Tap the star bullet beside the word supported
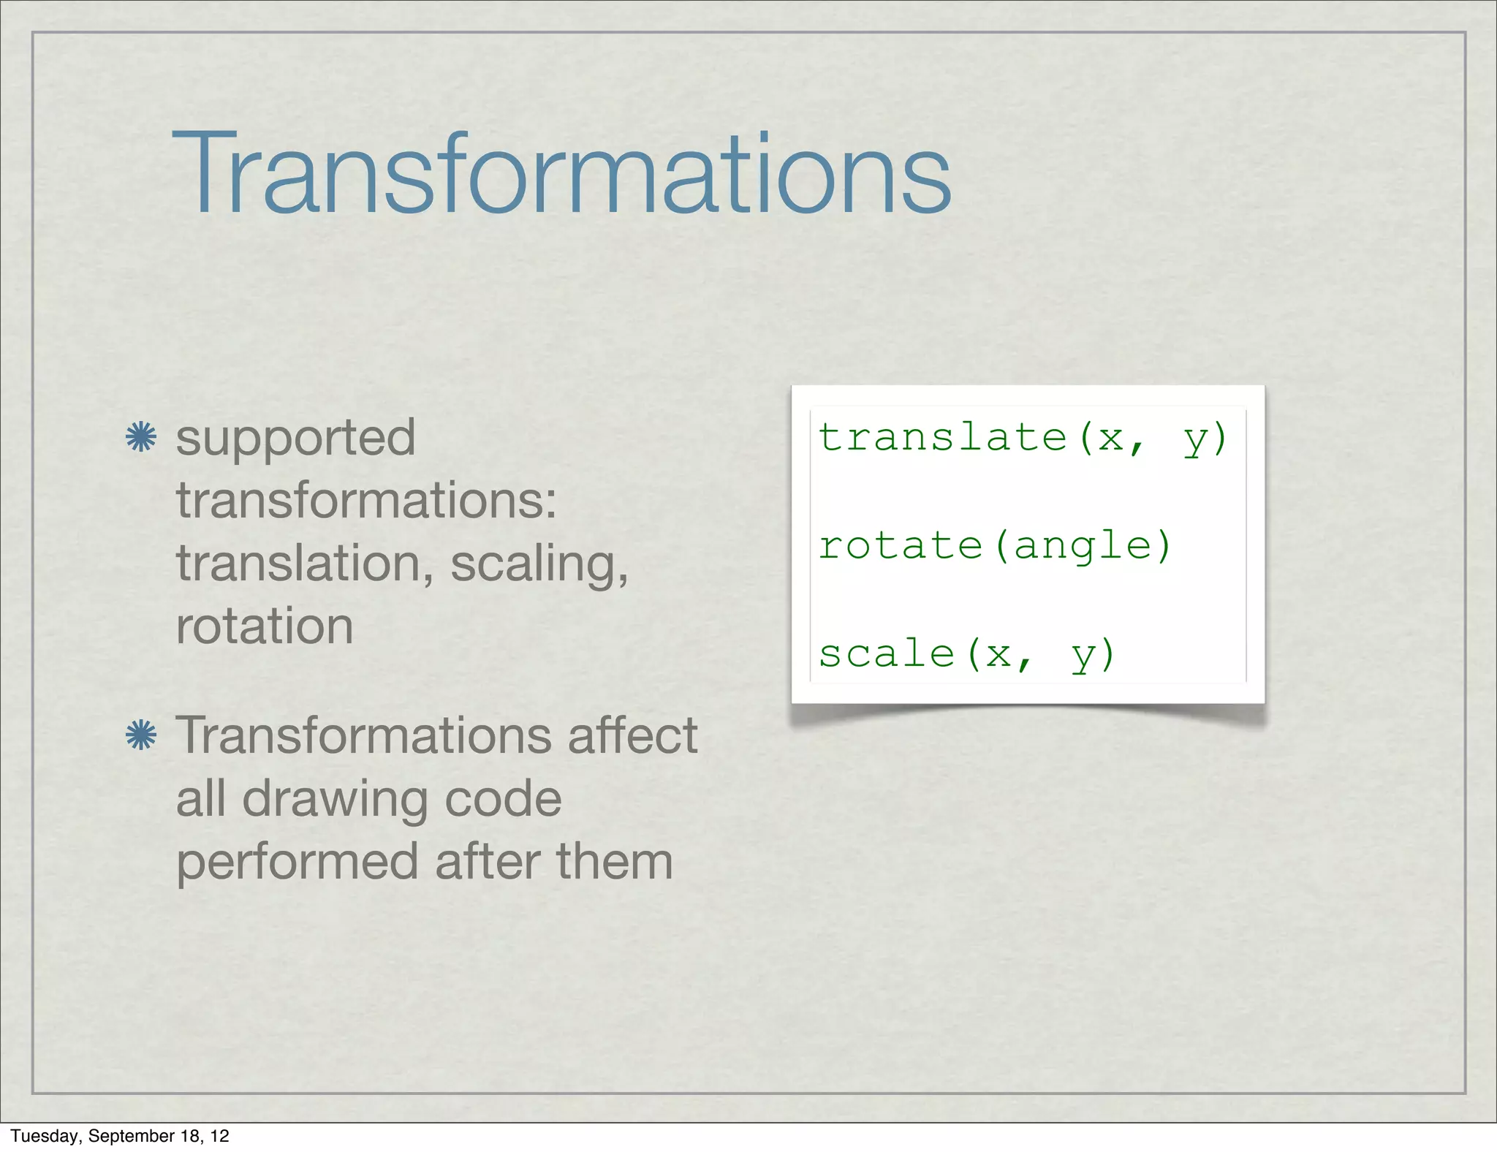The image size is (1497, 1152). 141,437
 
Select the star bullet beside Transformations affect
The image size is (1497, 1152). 141,735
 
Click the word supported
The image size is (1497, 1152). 295,439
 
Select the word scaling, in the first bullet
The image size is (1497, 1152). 539,564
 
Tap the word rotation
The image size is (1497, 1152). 265,626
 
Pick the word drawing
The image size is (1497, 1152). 335,798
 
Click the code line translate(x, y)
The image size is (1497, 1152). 1022,438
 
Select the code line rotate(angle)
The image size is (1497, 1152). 995,545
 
